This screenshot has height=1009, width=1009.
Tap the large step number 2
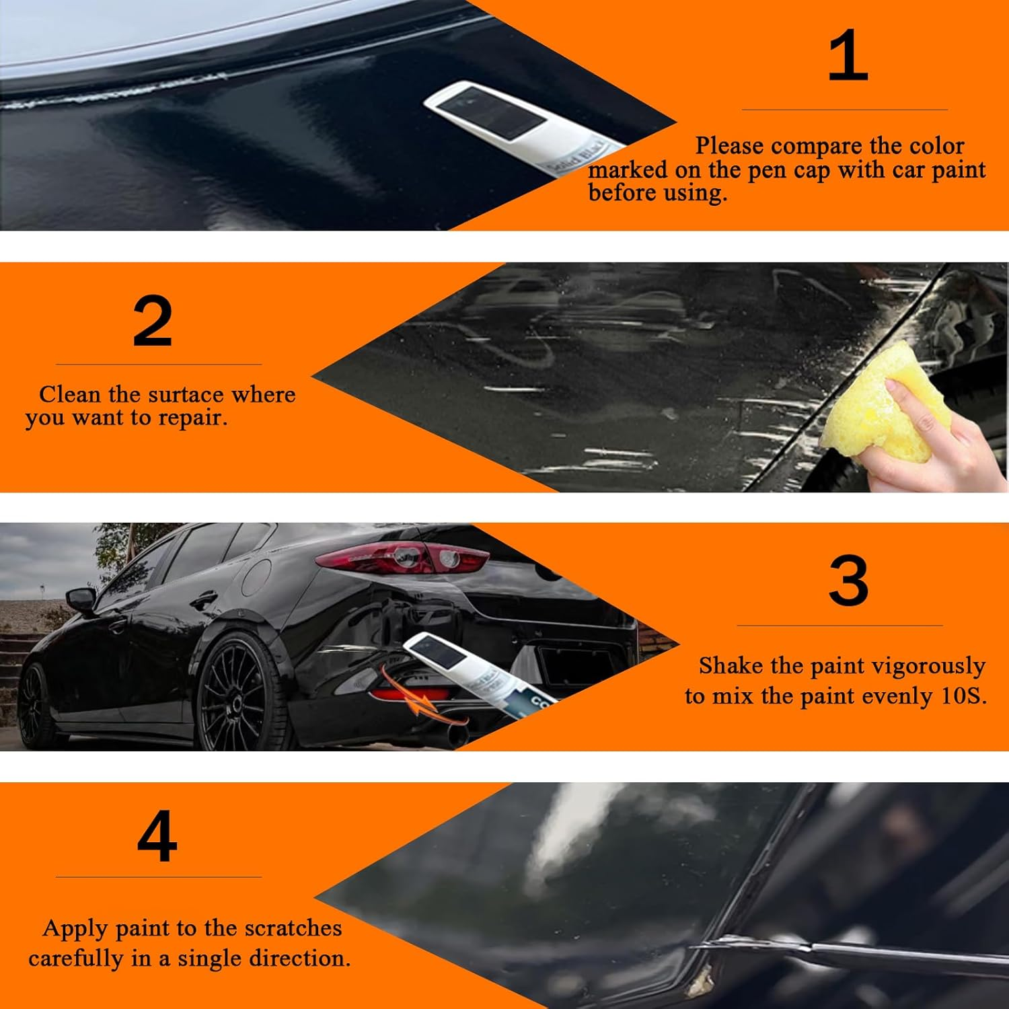point(153,322)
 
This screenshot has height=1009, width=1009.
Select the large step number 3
point(848,581)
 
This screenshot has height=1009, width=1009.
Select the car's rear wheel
point(239,693)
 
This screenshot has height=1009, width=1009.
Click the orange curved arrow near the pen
point(404,693)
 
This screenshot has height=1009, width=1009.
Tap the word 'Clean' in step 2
point(69,394)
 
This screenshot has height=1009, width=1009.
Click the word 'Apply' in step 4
point(75,929)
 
